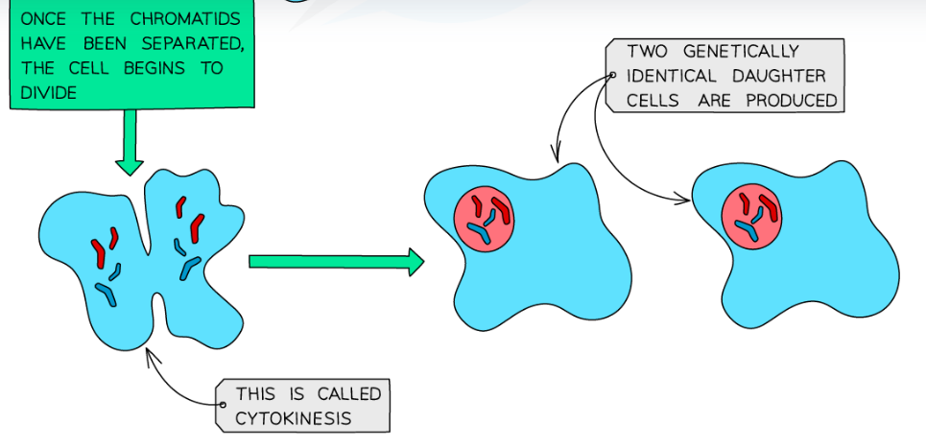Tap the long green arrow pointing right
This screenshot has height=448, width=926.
click(336, 261)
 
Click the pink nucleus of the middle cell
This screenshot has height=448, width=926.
click(484, 222)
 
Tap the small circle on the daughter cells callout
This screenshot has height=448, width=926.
click(611, 76)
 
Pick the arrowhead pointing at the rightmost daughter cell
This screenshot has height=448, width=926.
click(686, 200)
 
